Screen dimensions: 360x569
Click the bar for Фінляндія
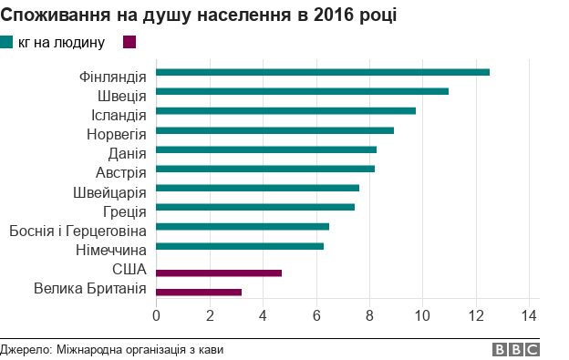pos(323,72)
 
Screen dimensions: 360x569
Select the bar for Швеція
pos(302,91)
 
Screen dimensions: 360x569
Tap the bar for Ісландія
pos(285,110)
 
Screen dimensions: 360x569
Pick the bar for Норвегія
pos(274,130)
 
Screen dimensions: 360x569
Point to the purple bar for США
pos(219,273)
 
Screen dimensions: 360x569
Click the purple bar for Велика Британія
pos(199,292)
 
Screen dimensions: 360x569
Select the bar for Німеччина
pos(240,246)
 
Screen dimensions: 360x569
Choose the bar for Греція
pos(255,207)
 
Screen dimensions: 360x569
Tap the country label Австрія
pos(121,172)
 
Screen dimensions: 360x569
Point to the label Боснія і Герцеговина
pos(78,231)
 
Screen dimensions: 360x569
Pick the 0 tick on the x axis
pos(156,315)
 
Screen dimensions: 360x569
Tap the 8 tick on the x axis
pos(369,315)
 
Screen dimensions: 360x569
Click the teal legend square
pos(7,42)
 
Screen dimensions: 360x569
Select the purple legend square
pos(129,42)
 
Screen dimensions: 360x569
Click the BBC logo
pos(516,349)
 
